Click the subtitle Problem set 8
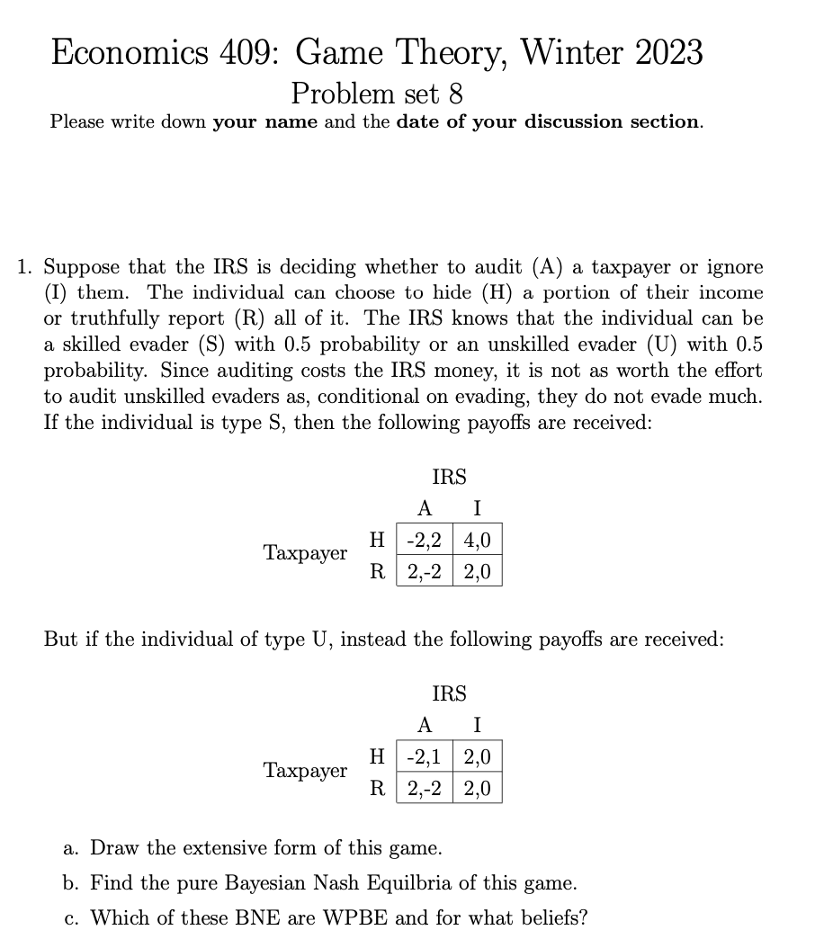point(378,93)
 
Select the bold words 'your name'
point(265,121)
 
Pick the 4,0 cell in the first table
point(478,540)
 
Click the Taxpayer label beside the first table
point(305,553)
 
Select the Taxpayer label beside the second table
point(305,771)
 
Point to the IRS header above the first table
point(449,477)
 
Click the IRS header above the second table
point(449,693)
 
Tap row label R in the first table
point(380,570)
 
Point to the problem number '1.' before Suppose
point(27,267)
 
